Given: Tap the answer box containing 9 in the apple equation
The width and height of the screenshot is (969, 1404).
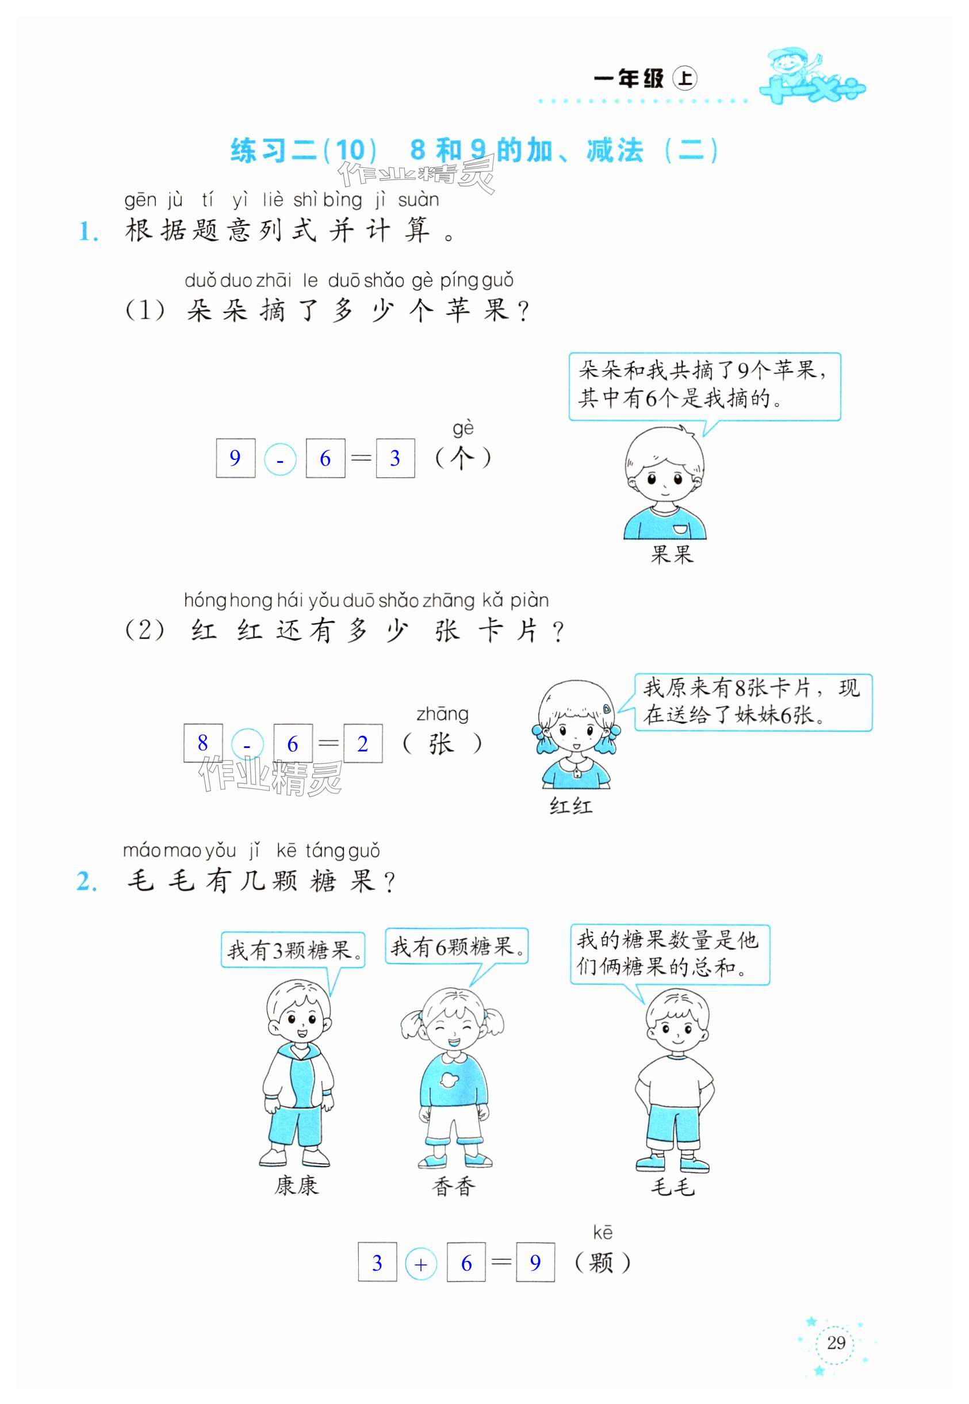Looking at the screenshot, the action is tap(235, 458).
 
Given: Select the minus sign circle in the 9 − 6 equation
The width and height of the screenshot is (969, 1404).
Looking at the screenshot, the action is tap(280, 459).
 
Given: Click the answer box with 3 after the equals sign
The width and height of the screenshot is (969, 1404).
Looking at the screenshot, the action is tap(395, 458).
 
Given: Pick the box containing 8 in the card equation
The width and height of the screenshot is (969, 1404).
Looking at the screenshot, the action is tap(203, 742).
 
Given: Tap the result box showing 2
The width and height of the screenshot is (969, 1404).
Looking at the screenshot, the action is tap(362, 743).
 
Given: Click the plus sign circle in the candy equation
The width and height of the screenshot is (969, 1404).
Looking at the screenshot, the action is tap(421, 1264).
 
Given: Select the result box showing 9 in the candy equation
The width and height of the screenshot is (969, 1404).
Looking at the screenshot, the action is tap(535, 1263).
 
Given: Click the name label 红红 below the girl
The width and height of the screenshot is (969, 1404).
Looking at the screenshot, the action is tap(570, 807).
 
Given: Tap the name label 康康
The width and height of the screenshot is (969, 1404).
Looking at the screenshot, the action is tap(296, 1186).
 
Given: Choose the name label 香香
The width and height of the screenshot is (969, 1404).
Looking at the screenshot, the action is tap(454, 1186).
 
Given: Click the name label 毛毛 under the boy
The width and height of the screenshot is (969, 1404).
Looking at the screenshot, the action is tap(672, 1186).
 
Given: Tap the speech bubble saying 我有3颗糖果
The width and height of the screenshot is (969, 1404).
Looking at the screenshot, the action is tap(293, 950).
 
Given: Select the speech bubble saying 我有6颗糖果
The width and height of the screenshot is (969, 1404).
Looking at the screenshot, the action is tap(457, 946).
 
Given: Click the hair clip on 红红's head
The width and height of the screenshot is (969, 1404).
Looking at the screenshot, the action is tap(607, 708).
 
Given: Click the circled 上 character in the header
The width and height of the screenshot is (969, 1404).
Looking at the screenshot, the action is tap(685, 79).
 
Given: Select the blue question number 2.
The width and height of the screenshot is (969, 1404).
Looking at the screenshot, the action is tap(87, 882).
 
